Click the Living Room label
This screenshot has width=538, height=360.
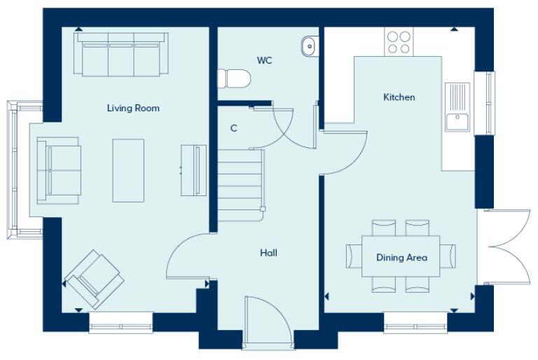click(133, 108)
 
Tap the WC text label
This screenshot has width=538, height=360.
click(264, 61)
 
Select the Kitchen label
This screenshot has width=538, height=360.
click(399, 97)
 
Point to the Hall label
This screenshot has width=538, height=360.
click(268, 253)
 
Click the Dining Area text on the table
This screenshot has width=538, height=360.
click(401, 258)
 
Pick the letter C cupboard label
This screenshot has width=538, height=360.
click(233, 128)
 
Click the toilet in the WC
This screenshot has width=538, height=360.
click(233, 78)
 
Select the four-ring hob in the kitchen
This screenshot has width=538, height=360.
click(399, 41)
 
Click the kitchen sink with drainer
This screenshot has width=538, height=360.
click(457, 106)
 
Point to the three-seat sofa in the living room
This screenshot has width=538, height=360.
click(121, 56)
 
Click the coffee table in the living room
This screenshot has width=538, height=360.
click(128, 170)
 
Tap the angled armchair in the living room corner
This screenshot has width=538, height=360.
click(94, 279)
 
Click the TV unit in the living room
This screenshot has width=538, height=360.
click(193, 170)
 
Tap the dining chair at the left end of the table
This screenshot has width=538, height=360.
click(353, 256)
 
